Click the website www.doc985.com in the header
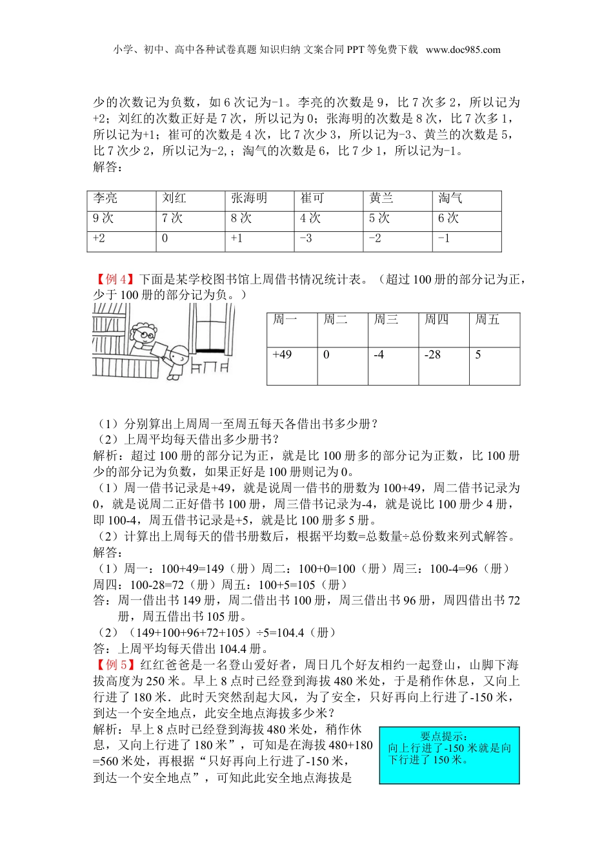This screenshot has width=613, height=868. [463, 50]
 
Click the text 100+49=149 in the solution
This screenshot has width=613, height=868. [192, 569]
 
